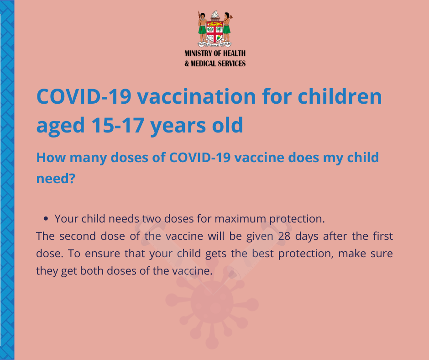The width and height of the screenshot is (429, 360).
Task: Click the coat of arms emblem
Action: click(x=215, y=29)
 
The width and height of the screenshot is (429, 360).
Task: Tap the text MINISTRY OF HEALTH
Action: click(x=215, y=53)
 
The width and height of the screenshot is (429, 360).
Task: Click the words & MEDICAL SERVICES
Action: click(x=215, y=64)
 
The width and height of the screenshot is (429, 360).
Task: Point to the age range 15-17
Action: click(x=118, y=125)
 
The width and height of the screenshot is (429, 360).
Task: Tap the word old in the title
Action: click(x=228, y=125)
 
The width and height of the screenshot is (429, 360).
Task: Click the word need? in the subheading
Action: click(x=56, y=179)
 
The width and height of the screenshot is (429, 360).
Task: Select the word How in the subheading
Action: click(x=50, y=158)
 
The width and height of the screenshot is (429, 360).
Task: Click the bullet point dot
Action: click(x=46, y=219)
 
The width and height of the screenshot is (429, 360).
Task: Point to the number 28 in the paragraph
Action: click(x=284, y=236)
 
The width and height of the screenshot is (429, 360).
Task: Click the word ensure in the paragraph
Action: click(x=102, y=254)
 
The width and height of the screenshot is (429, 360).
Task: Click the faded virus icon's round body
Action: click(x=212, y=302)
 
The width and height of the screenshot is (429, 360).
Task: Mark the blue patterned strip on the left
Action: click(x=7, y=180)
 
